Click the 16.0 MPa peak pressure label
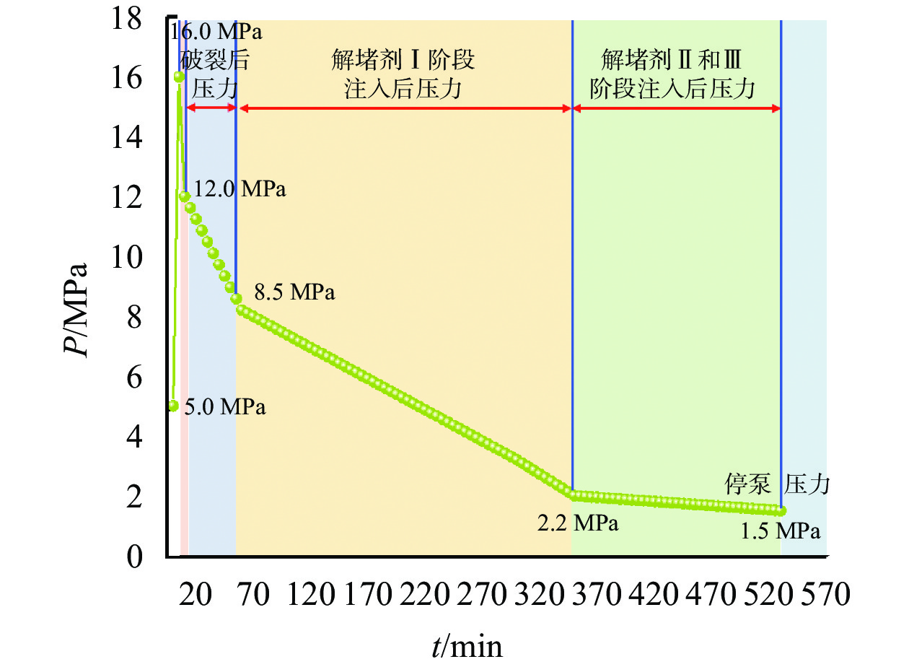(216, 32)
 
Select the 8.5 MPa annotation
(295, 292)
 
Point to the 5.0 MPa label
(224, 407)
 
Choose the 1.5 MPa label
(780, 531)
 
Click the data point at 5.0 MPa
(173, 406)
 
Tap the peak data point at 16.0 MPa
(179, 77)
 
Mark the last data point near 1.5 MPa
(781, 510)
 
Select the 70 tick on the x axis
(253, 596)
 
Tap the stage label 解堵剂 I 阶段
(403, 59)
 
